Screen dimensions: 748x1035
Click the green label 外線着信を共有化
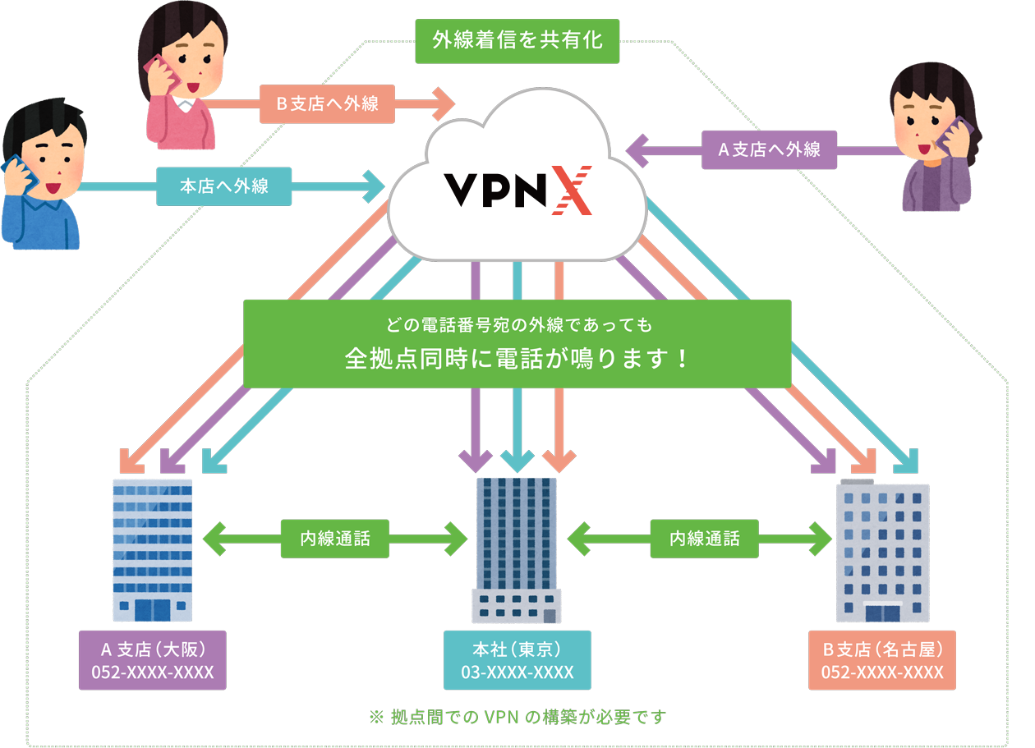[517, 40]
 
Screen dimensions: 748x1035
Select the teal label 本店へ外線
[223, 186]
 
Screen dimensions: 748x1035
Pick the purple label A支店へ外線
[769, 149]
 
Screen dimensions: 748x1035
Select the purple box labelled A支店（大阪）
[152, 661]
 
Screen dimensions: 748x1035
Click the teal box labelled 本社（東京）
[517, 661]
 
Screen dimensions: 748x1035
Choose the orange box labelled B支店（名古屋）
[882, 661]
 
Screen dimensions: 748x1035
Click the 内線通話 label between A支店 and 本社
[334, 539]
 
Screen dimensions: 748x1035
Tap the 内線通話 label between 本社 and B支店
[704, 539]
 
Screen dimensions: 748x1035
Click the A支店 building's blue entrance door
[152, 609]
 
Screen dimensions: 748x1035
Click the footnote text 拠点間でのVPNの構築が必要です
[518, 717]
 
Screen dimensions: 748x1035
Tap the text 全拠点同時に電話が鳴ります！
[517, 360]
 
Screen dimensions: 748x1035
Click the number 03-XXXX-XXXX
[517, 673]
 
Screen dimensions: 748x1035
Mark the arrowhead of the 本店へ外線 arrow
[374, 186]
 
